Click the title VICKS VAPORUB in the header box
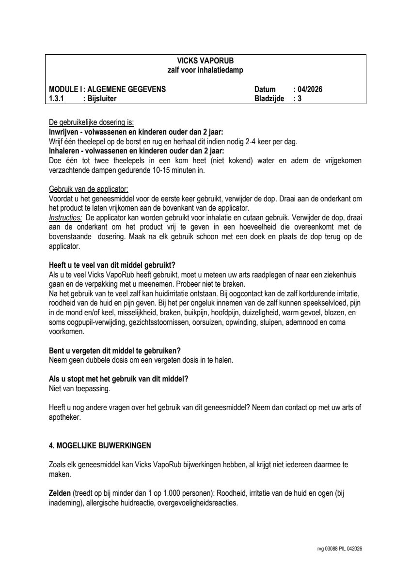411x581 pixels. (x=205, y=61)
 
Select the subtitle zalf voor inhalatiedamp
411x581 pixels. (x=205, y=70)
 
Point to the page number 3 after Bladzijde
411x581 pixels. (x=300, y=98)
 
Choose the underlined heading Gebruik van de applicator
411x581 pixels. (x=89, y=189)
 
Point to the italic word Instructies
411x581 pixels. (x=65, y=218)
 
